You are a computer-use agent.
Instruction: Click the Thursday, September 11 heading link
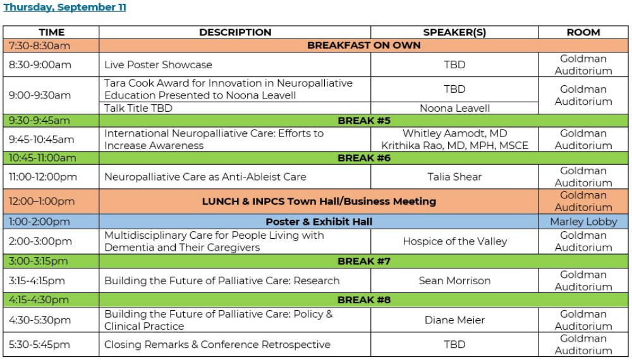pyautogui.click(x=64, y=7)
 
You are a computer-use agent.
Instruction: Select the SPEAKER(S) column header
pyautogui.click(x=454, y=32)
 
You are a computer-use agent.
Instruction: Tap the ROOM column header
pyautogui.click(x=583, y=32)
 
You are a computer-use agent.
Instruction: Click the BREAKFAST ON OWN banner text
pyautogui.click(x=363, y=45)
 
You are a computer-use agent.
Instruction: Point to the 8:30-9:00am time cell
pyautogui.click(x=40, y=65)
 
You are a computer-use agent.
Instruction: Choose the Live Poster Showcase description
pyautogui.click(x=158, y=65)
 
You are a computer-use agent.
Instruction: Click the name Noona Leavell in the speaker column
pyautogui.click(x=454, y=108)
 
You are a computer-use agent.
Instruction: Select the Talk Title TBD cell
pyautogui.click(x=138, y=108)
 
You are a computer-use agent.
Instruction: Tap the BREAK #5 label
pyautogui.click(x=363, y=121)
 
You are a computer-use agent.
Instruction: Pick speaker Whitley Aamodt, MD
pyautogui.click(x=454, y=133)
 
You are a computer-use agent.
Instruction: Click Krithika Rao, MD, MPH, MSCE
pyautogui.click(x=454, y=145)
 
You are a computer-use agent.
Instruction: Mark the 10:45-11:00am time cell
pyautogui.click(x=42, y=158)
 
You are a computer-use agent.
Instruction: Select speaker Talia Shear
pyautogui.click(x=454, y=177)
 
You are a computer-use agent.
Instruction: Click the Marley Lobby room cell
pyautogui.click(x=583, y=222)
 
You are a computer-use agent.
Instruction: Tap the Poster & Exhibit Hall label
pyautogui.click(x=319, y=222)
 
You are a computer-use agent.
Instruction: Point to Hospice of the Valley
pyautogui.click(x=454, y=241)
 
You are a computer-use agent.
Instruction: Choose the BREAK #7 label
pyautogui.click(x=363, y=261)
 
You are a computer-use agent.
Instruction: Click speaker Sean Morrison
pyautogui.click(x=454, y=280)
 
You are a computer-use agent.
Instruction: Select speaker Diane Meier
pyautogui.click(x=454, y=320)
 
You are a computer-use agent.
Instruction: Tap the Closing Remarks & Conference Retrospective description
pyautogui.click(x=217, y=345)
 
